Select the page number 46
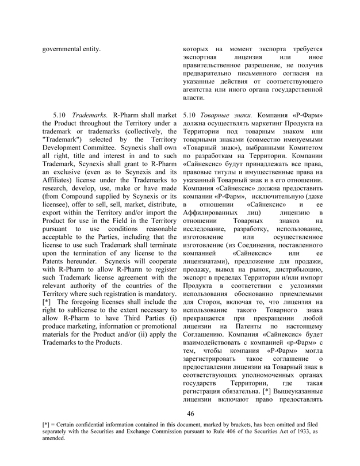[x=192, y=413]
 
